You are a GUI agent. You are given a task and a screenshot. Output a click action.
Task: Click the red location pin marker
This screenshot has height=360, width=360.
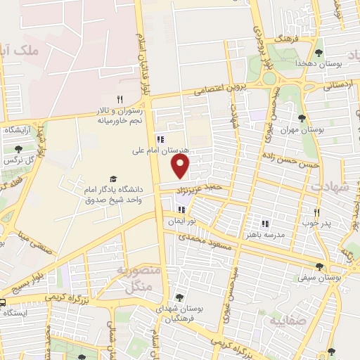(x=181, y=167)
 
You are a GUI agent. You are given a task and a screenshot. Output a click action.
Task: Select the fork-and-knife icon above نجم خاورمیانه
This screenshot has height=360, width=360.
(x=120, y=99)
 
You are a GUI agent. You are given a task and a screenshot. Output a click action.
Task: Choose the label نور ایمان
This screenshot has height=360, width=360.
(x=181, y=221)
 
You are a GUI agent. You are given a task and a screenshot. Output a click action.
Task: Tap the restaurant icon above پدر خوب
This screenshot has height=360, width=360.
(x=316, y=212)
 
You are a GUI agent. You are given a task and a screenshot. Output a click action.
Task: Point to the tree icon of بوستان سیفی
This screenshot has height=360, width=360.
(x=320, y=266)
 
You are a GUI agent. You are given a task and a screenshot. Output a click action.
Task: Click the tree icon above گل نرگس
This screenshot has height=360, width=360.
(x=18, y=149)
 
